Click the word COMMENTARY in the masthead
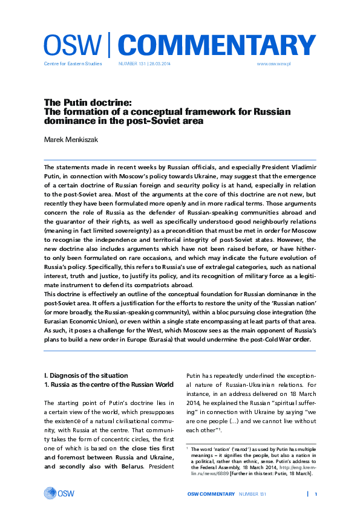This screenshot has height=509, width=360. click(216, 45)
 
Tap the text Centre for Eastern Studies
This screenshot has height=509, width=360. click(73, 63)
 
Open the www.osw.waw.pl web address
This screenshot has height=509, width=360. click(275, 63)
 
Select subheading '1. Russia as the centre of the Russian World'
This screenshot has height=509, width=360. click(105, 384)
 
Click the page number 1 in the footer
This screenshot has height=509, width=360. click(316, 494)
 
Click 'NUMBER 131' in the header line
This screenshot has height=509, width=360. click(131, 63)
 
